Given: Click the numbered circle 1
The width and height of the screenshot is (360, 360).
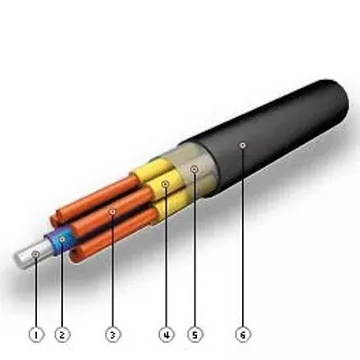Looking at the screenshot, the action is [36, 335].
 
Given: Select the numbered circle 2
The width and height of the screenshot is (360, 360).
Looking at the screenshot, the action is [62, 335].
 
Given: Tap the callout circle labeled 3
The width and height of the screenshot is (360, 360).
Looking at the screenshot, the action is [112, 335].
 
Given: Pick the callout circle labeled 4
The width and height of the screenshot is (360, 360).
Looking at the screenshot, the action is [166, 335].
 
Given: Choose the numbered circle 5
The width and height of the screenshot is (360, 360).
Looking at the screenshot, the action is [195, 335].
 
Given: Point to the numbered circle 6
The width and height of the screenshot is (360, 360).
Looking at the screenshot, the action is [243, 335].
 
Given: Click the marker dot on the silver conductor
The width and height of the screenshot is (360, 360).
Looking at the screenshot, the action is [36, 255].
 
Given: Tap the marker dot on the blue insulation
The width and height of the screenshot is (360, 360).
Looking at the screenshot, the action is [62, 239].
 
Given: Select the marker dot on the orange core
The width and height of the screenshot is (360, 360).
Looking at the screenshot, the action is [112, 211].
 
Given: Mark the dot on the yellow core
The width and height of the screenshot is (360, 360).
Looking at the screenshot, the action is [166, 184].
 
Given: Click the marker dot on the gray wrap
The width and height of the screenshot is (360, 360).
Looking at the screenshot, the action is [195, 169].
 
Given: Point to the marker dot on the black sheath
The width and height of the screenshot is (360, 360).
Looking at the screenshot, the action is [243, 146].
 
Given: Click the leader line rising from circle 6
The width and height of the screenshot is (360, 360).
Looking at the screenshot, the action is [243, 238].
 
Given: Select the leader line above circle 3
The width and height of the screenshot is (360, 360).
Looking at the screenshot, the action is [112, 271].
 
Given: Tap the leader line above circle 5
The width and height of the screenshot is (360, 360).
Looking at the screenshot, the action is [195, 249].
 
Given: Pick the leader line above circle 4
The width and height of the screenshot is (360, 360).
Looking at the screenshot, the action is [166, 256].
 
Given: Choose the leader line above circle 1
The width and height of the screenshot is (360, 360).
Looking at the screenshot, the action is [36, 292].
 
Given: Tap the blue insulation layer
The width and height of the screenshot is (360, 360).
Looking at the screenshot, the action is [61, 241].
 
